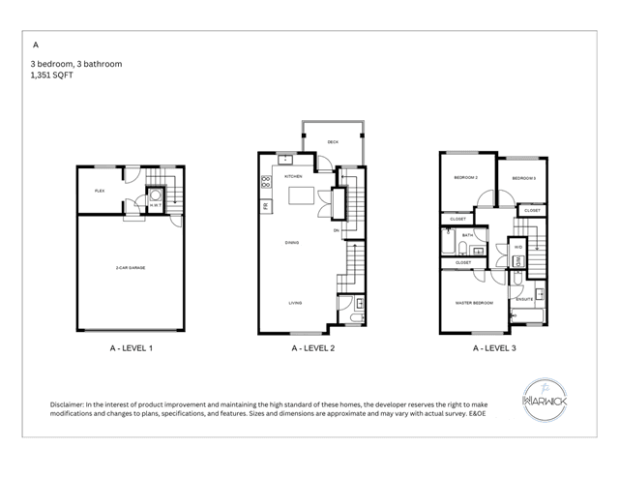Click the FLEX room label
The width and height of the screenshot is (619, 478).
[x=100, y=191]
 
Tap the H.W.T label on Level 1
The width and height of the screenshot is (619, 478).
[x=155, y=204]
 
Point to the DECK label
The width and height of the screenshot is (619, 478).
[x=333, y=142]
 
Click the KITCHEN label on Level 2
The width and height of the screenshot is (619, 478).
[x=294, y=177]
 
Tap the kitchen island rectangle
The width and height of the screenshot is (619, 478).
[x=304, y=197]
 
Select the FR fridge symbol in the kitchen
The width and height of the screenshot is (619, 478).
[x=265, y=205]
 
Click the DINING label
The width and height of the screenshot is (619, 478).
[x=291, y=243]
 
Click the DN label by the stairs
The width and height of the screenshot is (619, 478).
[x=335, y=230]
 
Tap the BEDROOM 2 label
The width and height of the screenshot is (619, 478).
[x=467, y=178]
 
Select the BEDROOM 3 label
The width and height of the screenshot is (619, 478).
[x=523, y=178]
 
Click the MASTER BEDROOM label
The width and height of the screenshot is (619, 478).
[x=474, y=303]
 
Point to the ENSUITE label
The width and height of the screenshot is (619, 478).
[x=525, y=300]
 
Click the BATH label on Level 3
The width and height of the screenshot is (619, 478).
[x=466, y=235]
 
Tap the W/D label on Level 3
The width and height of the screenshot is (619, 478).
[x=517, y=248]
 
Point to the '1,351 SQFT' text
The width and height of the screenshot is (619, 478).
[x=53, y=74]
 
